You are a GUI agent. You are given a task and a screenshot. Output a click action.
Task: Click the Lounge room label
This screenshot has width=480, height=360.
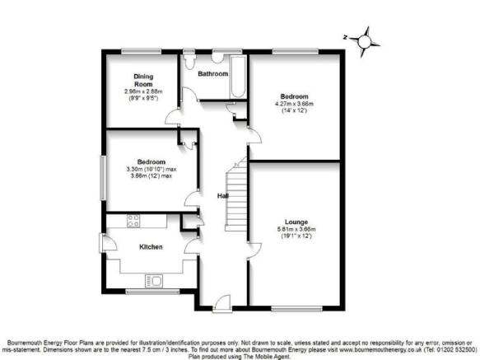(296, 222)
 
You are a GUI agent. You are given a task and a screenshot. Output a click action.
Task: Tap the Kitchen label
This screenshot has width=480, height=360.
(151, 247)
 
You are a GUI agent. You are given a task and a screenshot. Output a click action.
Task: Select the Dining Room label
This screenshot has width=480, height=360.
(143, 80)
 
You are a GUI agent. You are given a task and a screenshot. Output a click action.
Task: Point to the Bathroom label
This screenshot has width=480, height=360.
(212, 74)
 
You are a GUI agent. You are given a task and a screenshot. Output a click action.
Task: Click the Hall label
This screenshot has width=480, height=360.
(223, 196)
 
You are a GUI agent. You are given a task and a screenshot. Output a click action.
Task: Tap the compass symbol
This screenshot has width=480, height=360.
(364, 42)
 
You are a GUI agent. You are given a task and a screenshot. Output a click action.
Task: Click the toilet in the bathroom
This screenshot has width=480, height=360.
(189, 62)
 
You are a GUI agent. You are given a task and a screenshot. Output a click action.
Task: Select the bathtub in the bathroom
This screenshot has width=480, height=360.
(238, 77)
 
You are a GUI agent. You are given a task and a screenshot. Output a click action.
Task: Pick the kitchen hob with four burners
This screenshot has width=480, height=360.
(133, 221)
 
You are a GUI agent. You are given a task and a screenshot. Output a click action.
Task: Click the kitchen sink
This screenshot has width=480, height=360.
(154, 281)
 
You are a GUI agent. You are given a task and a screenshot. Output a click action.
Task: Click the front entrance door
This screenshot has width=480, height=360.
(222, 303)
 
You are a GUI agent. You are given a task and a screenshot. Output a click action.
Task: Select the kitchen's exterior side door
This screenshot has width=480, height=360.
(108, 243)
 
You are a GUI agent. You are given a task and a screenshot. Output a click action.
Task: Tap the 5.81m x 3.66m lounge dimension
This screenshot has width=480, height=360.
(296, 229)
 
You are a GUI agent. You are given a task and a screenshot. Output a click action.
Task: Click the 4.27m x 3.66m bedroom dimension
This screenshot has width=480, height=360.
(294, 104)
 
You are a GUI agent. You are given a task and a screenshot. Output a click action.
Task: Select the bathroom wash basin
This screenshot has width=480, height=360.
(218, 58)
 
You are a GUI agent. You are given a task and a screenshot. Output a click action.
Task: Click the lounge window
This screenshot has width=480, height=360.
(296, 309)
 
